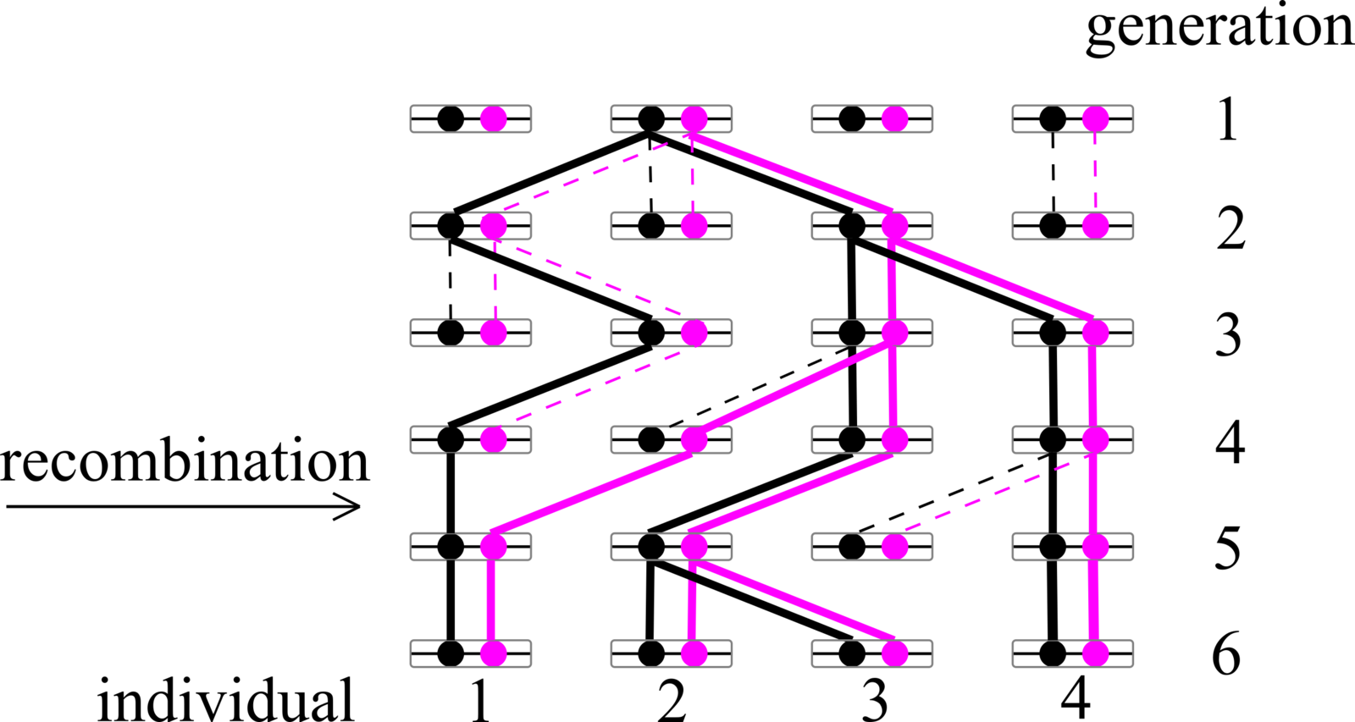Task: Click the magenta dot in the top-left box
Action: (494, 118)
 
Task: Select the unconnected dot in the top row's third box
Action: (894, 118)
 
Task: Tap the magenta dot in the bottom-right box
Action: (1095, 653)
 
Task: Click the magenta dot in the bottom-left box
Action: (494, 653)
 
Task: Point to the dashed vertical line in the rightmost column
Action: (1095, 173)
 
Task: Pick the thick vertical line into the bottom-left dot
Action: (491, 600)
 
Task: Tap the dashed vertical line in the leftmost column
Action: (495, 279)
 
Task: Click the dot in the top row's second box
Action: (694, 118)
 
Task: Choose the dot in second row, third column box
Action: (894, 226)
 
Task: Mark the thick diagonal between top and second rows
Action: (794, 173)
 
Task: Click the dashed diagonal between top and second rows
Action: (593, 173)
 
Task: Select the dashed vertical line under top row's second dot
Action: (693, 173)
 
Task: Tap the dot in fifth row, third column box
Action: (894, 547)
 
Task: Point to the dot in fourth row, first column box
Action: (494, 439)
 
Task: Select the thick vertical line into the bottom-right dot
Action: (1093, 600)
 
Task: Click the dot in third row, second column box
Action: (694, 333)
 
